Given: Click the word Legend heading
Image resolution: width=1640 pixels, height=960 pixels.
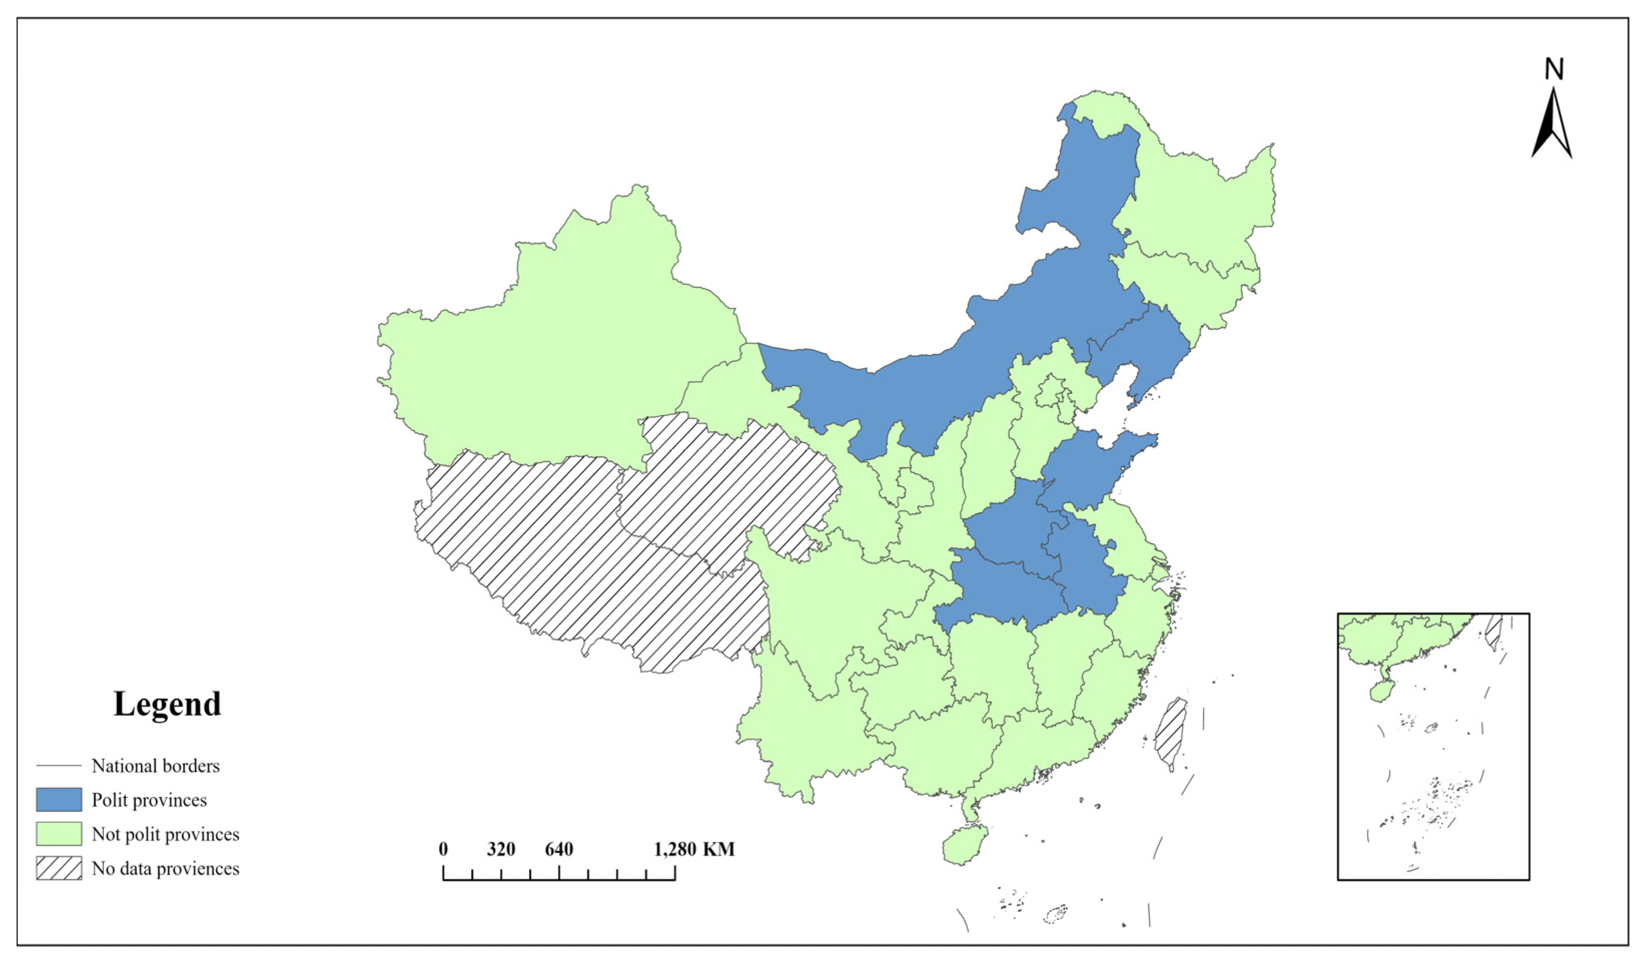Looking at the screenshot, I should [x=167, y=704].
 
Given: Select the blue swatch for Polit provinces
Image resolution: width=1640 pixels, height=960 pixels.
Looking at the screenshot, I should [x=59, y=800].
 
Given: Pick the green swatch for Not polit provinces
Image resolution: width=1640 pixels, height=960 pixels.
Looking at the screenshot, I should [x=59, y=834].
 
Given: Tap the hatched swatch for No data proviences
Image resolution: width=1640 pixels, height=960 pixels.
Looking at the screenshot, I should [x=59, y=868].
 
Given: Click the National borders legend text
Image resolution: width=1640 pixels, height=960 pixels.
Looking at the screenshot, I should [x=156, y=766].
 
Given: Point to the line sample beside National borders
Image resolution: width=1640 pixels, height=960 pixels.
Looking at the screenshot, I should [x=59, y=766].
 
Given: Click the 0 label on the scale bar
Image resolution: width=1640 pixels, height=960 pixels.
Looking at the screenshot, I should [x=443, y=849].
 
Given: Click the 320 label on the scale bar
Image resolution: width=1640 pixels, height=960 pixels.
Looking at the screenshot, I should [x=501, y=849].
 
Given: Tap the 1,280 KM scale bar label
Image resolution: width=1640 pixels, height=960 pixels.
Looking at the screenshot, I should [x=694, y=849].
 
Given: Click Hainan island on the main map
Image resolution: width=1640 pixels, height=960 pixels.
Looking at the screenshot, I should [x=965, y=844].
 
